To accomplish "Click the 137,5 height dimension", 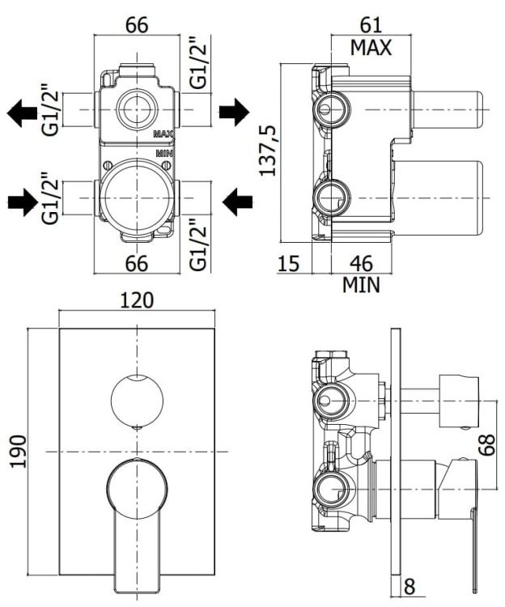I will [268, 151].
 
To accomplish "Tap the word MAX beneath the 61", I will [371, 48].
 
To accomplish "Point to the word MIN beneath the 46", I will [361, 285].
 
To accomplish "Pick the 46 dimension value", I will [361, 263].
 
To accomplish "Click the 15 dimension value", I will [289, 263].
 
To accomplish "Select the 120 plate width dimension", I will [138, 300].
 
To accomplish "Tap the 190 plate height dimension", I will [18, 451].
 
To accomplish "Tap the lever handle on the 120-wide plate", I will [138, 510].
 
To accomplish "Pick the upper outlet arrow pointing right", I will [236, 112].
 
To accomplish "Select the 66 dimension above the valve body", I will [137, 25].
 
